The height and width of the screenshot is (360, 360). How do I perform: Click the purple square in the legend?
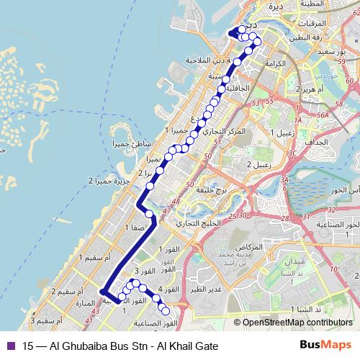(9, 345)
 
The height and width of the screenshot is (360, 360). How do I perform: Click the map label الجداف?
(315, 142)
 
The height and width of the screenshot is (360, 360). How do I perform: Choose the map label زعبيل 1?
(280, 133)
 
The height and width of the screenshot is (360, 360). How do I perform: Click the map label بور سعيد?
(338, 53)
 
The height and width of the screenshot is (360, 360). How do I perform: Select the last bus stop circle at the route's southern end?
(166, 311)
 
